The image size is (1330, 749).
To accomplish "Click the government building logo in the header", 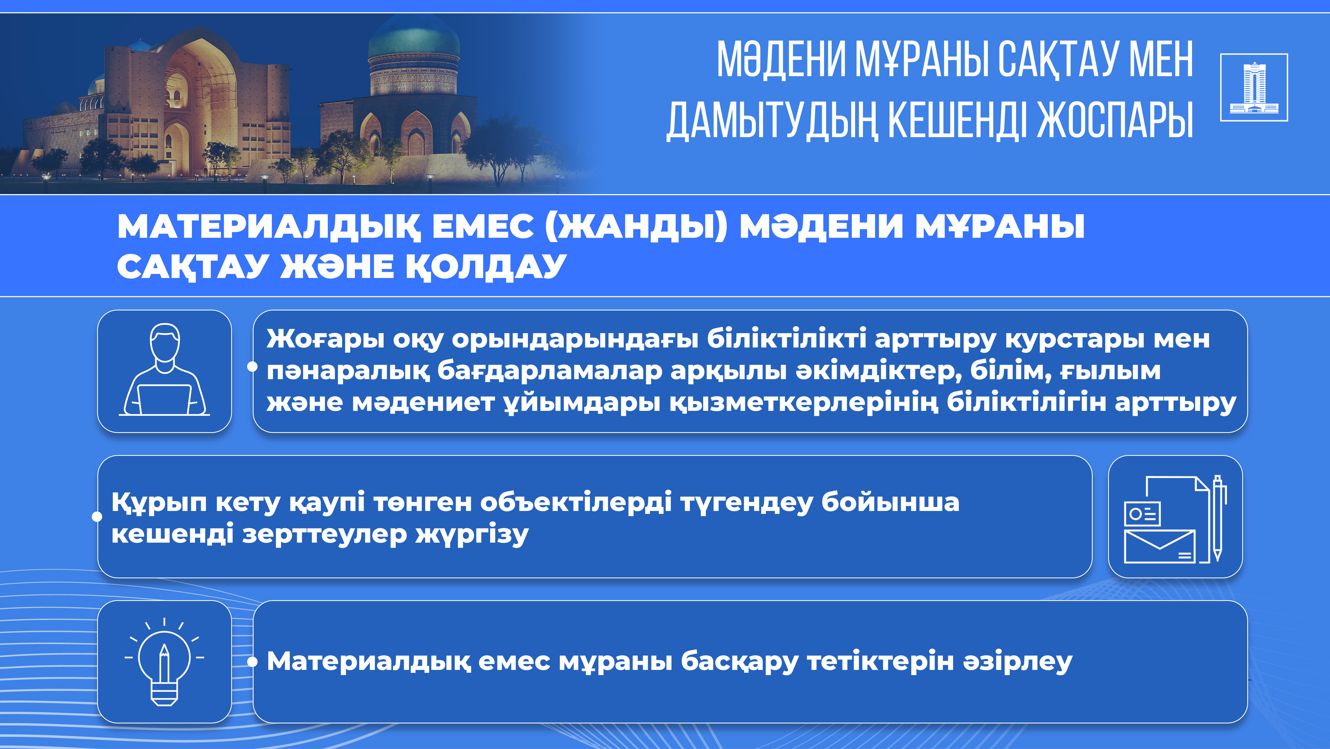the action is pyautogui.click(x=1254, y=87).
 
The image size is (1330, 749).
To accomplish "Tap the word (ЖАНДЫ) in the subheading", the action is pyautogui.click(x=636, y=227).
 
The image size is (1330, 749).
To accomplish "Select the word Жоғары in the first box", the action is pyautogui.click(x=325, y=339).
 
